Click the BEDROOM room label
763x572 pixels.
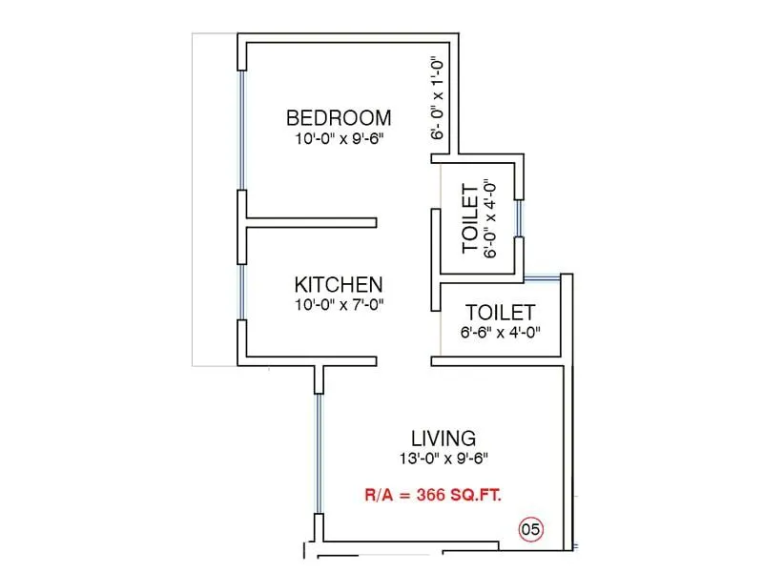tap(339, 118)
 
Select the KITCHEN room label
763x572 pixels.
tap(339, 284)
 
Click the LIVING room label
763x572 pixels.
tap(443, 439)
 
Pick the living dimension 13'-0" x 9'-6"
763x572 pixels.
tap(443, 459)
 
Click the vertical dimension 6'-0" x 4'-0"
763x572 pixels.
tap(491, 219)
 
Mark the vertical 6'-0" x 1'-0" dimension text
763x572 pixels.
tap(438, 98)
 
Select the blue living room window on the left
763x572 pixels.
tap(319, 453)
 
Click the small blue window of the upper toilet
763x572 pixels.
tap(518, 217)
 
